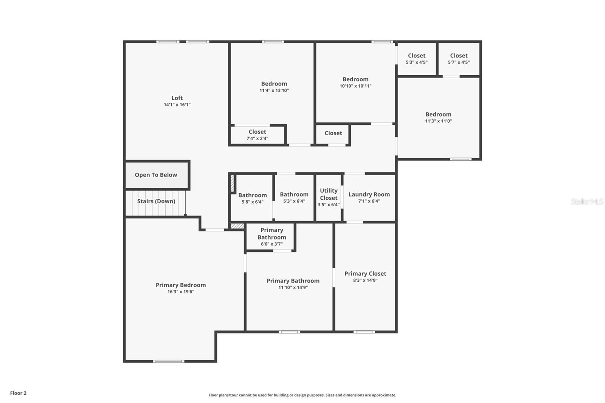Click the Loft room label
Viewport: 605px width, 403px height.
click(x=177, y=98)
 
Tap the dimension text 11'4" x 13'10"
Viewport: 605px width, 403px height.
click(x=274, y=90)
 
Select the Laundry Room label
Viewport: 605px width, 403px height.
click(x=369, y=194)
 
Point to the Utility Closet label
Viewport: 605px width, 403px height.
click(x=329, y=194)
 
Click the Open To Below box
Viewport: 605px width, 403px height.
click(x=156, y=175)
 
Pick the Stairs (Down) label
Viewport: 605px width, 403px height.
click(x=156, y=201)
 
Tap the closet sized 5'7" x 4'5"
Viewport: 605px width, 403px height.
click(x=459, y=59)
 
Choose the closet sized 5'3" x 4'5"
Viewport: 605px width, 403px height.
click(x=417, y=59)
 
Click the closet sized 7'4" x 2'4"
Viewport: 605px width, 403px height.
click(x=258, y=135)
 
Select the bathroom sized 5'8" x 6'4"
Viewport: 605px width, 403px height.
click(x=252, y=198)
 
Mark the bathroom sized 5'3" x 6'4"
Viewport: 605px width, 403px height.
click(x=294, y=197)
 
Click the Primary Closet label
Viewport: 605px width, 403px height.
click(x=365, y=273)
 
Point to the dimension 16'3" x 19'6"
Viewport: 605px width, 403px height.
click(x=181, y=291)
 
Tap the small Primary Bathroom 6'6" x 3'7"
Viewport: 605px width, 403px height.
click(x=271, y=237)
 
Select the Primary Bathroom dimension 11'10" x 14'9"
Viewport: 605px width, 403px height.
click(x=293, y=287)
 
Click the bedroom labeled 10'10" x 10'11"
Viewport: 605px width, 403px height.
click(x=355, y=82)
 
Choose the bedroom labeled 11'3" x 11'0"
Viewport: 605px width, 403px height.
click(x=438, y=117)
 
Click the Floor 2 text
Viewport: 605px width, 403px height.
click(x=18, y=393)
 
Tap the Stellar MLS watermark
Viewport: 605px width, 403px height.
click(x=587, y=201)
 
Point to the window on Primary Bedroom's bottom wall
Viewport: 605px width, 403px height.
click(x=169, y=361)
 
